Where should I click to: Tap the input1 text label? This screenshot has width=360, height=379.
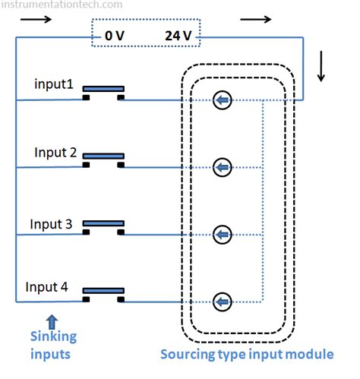coord(54,84)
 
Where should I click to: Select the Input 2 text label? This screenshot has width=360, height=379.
coord(55,153)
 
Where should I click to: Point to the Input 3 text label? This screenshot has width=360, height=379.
coord(51,224)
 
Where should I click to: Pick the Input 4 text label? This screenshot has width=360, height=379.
coord(51,287)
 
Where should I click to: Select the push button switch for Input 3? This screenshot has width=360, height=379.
coord(103,228)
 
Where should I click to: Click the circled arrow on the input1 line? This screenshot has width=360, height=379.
coord(221,99)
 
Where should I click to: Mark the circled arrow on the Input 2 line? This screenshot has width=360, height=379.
coord(221,166)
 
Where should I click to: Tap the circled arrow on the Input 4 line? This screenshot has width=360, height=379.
coord(221,302)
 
